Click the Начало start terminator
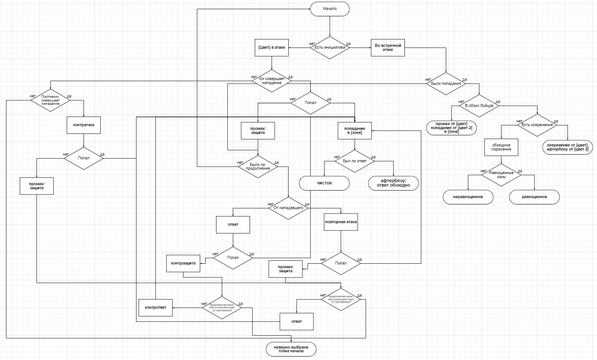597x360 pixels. pyautogui.click(x=330, y=9)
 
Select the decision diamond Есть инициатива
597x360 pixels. pyautogui.click(x=330, y=48)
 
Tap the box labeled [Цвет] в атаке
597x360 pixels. pyautogui.click(x=272, y=48)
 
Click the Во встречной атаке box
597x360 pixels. pyautogui.click(x=388, y=48)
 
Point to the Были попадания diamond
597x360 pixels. pyautogui.click(x=446, y=84)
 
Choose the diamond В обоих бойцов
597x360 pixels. pyautogui.click(x=479, y=106)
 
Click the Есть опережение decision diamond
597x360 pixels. pyautogui.click(x=537, y=125)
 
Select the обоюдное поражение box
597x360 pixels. pyautogui.click(x=501, y=147)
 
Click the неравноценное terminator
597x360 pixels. pyautogui.click(x=468, y=197)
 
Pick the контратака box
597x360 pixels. pyautogui.click(x=84, y=125)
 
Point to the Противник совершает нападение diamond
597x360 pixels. pyautogui.click(x=50, y=100)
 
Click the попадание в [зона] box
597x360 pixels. pyautogui.click(x=355, y=131)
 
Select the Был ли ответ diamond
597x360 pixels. pyautogui.click(x=355, y=161)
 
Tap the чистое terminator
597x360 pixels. pyautogui.click(x=324, y=183)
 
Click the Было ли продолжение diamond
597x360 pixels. pyautogui.click(x=258, y=167)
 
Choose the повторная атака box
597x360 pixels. pyautogui.click(x=341, y=222)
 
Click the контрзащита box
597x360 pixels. pyautogui.click(x=183, y=263)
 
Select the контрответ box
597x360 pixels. pyautogui.click(x=156, y=308)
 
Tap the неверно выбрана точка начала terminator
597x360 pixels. pyautogui.click(x=291, y=349)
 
